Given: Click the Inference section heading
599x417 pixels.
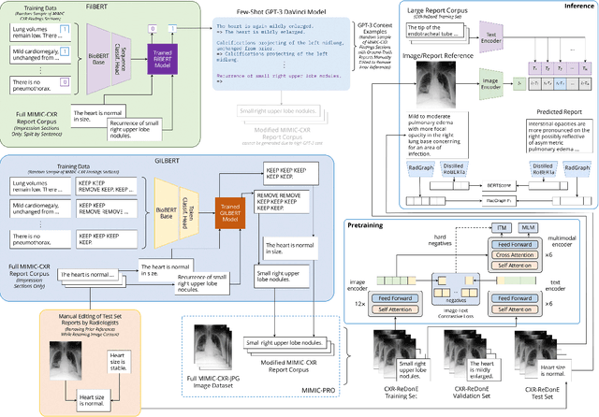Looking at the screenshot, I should tap(564, 8).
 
